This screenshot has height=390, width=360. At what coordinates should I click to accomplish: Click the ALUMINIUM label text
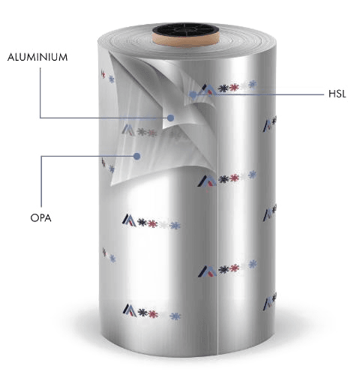click(x=37, y=57)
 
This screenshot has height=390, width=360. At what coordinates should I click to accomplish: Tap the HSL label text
click(x=337, y=94)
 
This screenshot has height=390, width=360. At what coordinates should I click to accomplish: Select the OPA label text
click(x=41, y=218)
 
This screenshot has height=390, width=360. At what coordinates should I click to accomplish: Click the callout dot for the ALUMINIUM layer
click(x=171, y=118)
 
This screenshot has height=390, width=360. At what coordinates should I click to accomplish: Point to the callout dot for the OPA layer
click(x=136, y=156)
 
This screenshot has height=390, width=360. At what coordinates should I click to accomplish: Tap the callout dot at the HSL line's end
click(x=193, y=94)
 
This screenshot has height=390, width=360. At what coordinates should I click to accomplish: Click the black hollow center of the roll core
click(x=185, y=29)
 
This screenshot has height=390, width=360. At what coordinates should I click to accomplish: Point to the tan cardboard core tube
click(x=185, y=40)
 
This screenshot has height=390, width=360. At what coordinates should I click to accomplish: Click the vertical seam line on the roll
click(x=217, y=275)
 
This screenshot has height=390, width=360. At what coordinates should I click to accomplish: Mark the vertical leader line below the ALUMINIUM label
click(x=40, y=93)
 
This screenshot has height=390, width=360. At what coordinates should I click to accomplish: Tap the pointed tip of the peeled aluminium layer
click(x=163, y=128)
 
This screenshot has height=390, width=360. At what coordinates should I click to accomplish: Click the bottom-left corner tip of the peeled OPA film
click(x=112, y=185)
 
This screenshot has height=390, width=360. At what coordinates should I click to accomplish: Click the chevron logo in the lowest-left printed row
click(x=130, y=310)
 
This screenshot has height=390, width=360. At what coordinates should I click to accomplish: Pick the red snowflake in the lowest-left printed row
click(x=153, y=314)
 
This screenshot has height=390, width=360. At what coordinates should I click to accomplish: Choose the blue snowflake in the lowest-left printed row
click(x=175, y=316)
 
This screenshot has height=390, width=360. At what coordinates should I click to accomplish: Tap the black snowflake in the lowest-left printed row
click(x=142, y=312)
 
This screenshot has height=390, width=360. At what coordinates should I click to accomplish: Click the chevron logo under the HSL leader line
click(x=209, y=90)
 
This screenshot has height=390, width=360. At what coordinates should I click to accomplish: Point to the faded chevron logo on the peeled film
click(x=128, y=130)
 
